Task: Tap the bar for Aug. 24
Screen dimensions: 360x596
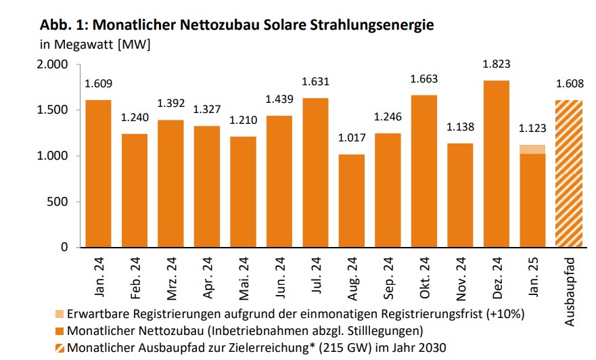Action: [x=351, y=200]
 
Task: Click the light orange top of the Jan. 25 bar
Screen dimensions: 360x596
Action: [x=532, y=150]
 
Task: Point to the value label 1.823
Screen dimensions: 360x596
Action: [x=496, y=65]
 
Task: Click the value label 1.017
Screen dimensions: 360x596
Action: [x=351, y=138]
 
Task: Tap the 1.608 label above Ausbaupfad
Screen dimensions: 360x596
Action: [x=569, y=85]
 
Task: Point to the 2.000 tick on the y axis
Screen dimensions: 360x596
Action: [x=52, y=64]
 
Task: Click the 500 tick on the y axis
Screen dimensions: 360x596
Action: [x=59, y=202]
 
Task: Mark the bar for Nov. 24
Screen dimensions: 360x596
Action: [x=460, y=195]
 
